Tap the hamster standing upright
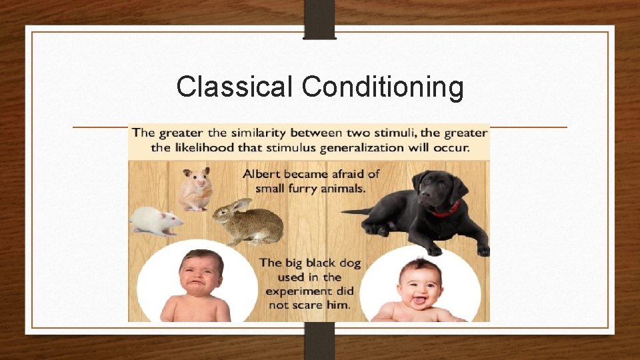195,189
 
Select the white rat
156,221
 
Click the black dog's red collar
446,210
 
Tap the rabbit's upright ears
239,205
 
